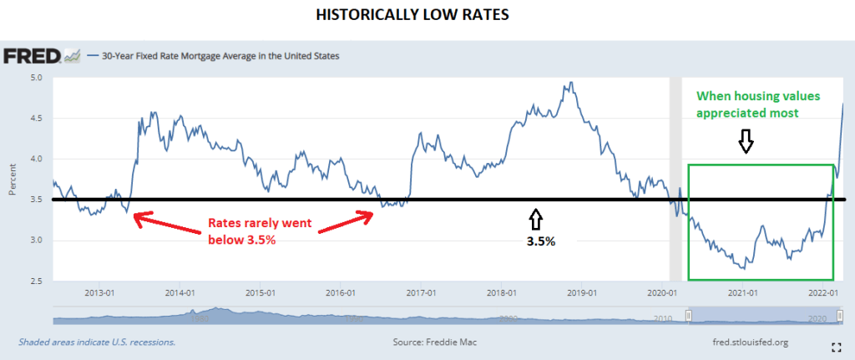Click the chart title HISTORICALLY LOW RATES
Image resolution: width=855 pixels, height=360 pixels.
(x=427, y=15)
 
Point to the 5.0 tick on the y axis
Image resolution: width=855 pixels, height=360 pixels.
(x=37, y=78)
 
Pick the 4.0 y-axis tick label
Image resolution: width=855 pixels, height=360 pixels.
(x=37, y=160)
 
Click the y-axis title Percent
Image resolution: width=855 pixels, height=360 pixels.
(x=12, y=180)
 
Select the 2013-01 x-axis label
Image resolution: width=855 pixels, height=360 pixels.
(x=99, y=293)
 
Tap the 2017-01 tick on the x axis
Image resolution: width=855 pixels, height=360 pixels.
(x=420, y=293)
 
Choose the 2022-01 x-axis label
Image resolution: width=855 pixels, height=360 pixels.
(x=822, y=293)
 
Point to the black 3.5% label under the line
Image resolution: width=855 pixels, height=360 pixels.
(x=539, y=241)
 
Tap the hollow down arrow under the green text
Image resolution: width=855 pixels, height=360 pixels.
(x=746, y=144)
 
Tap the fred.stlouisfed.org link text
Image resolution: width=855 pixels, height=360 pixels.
(x=745, y=342)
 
